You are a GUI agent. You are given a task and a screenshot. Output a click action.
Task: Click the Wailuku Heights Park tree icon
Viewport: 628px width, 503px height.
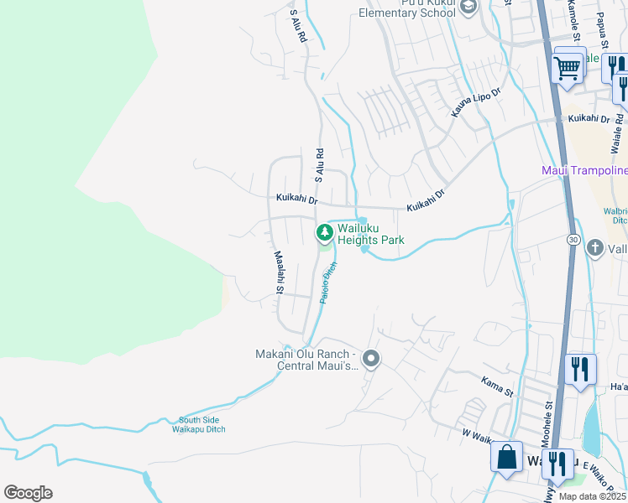(x=322, y=232)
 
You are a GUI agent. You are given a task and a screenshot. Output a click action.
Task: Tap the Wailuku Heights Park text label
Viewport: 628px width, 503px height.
(x=371, y=233)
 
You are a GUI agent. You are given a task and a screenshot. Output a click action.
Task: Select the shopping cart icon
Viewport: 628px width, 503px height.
(x=568, y=68)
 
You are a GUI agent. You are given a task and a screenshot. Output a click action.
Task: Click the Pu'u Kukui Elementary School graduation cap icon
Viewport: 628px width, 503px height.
(x=468, y=8)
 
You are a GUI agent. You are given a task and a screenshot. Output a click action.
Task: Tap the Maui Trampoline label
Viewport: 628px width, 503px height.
(x=584, y=171)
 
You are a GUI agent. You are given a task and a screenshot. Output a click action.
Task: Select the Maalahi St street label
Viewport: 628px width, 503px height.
(x=278, y=272)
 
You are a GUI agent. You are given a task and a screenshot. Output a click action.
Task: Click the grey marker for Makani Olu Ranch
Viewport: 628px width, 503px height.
(x=371, y=360)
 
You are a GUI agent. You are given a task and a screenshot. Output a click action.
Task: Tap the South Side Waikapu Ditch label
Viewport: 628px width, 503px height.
(x=201, y=425)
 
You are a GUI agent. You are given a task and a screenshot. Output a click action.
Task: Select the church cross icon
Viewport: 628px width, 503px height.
(x=594, y=247)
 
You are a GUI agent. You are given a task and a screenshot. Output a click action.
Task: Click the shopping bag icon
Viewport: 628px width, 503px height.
(x=506, y=458)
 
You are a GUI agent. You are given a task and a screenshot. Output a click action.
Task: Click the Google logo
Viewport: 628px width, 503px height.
(x=28, y=493)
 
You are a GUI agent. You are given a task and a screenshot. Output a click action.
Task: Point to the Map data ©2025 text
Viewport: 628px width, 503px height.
(x=593, y=496)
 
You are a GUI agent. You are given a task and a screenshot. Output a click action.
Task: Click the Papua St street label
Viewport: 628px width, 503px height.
(x=601, y=25)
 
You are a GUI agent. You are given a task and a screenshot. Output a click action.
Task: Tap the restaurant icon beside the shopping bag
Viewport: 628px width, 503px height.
(x=557, y=462)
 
